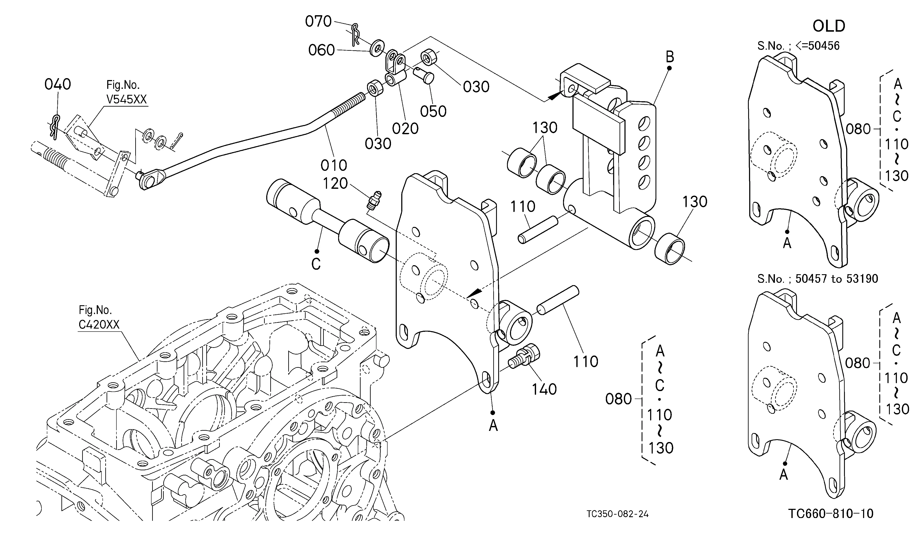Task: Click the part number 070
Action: (318, 22)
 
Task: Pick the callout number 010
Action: (334, 165)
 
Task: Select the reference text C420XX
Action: (99, 325)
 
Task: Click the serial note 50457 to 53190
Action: (836, 279)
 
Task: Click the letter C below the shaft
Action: (316, 264)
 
